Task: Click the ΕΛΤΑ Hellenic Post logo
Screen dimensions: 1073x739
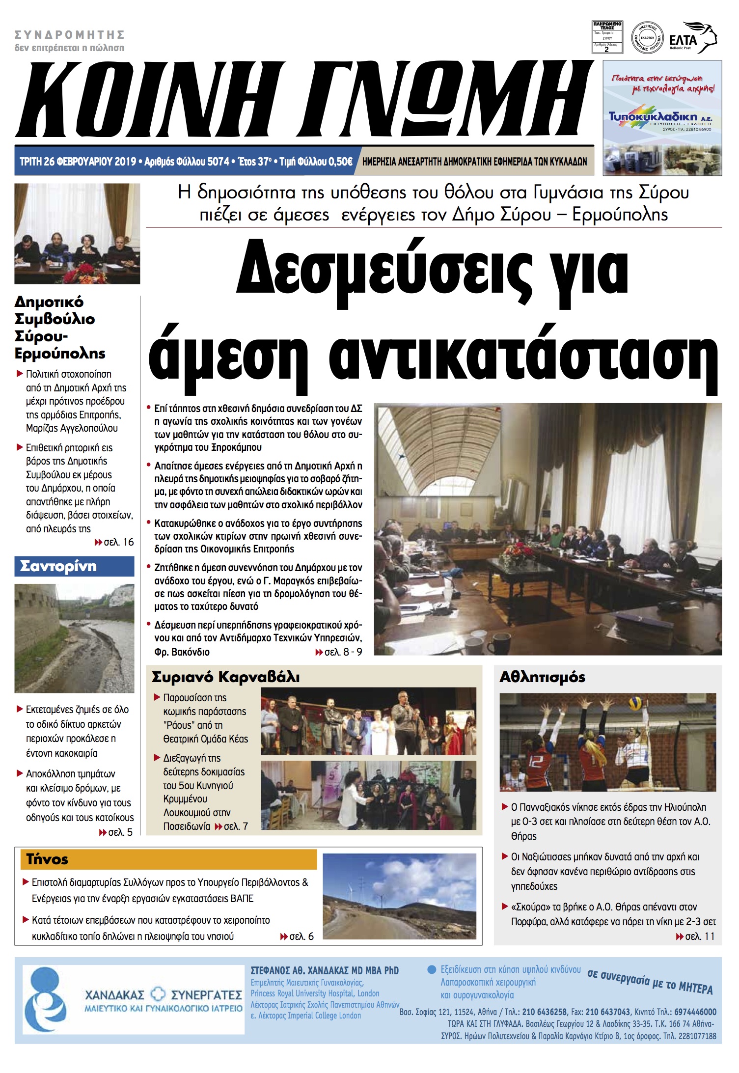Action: coord(692,38)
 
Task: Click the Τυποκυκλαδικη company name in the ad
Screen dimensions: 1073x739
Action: coord(653,116)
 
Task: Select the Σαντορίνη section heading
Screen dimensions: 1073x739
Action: coord(58,566)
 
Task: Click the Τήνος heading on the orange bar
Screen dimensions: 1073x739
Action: coord(47,859)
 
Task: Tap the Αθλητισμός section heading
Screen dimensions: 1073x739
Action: coord(542,677)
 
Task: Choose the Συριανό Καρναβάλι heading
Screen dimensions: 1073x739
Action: coord(225,677)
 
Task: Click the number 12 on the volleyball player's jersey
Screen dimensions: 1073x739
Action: coord(537,762)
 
